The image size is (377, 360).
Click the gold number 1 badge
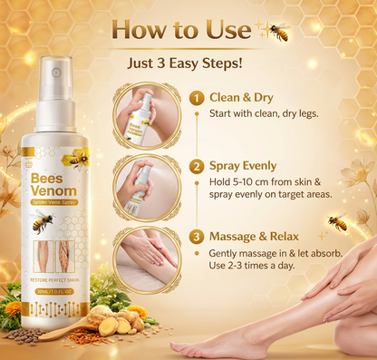(x=196, y=97)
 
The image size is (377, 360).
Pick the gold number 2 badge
(x=196, y=166)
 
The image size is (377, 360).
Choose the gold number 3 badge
(x=196, y=236)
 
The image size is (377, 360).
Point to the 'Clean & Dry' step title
(x=242, y=97)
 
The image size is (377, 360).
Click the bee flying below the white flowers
(x=338, y=222)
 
